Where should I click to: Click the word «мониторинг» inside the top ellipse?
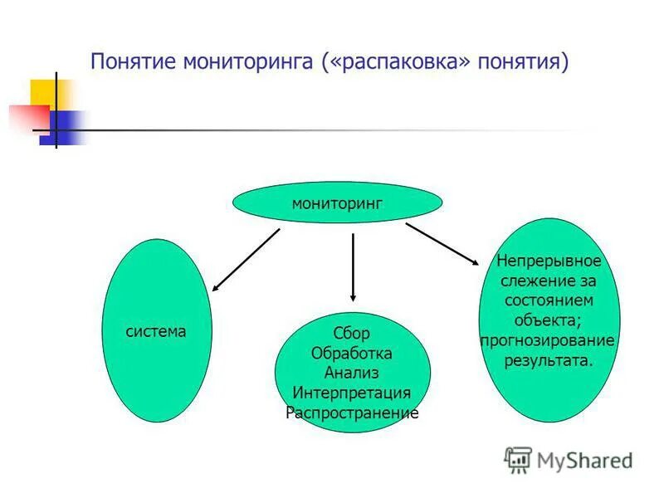(337, 203)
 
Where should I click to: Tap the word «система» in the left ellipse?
(156, 331)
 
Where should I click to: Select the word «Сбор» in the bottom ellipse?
(351, 334)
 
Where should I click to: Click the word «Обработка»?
(351, 354)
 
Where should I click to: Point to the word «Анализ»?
(351, 373)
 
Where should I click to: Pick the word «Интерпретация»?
(351, 393)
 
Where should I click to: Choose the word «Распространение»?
(351, 413)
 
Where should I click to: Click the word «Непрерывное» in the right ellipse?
(549, 261)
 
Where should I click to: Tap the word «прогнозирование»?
(549, 340)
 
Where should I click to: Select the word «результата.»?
(549, 360)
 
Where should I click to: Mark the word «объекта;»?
(549, 320)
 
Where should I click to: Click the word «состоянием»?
(549, 300)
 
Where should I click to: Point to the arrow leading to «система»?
(246, 260)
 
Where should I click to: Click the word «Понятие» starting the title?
(134, 63)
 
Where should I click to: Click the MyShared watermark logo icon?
(517, 460)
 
